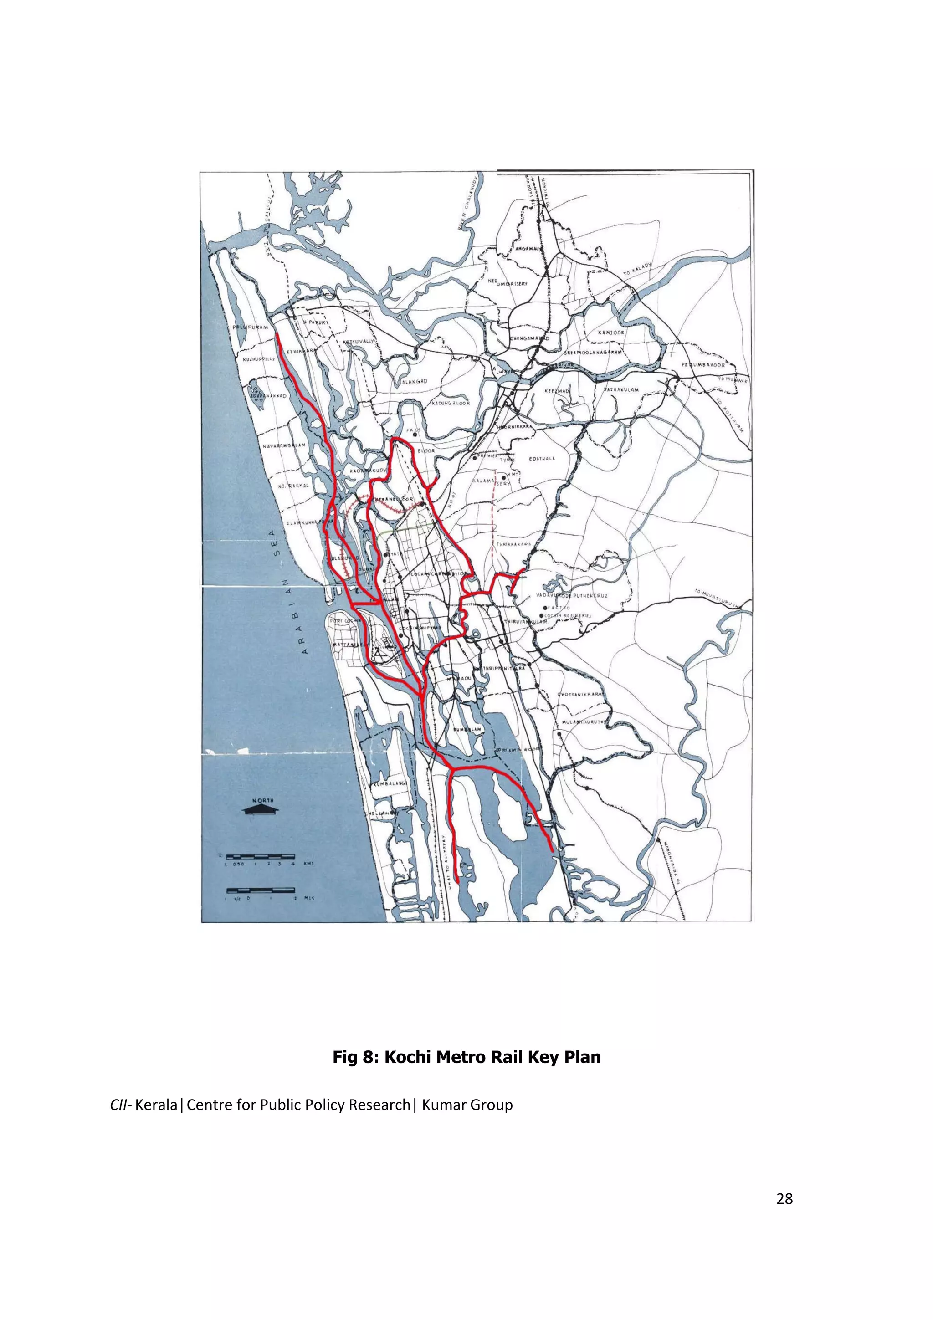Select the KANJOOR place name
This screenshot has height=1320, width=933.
point(610,333)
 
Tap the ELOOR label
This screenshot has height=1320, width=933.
point(426,451)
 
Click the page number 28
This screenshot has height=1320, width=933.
point(784,1199)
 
